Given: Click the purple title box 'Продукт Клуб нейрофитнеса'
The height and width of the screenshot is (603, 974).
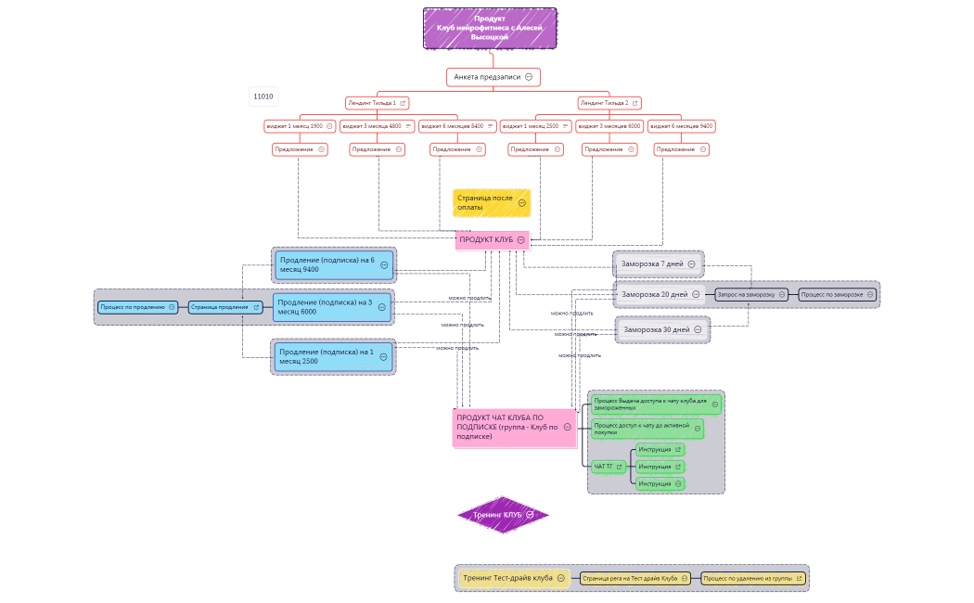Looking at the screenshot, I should (x=490, y=29).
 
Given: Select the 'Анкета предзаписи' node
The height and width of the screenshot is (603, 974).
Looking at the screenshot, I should (x=487, y=77).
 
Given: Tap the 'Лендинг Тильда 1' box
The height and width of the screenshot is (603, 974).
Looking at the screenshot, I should (x=371, y=103).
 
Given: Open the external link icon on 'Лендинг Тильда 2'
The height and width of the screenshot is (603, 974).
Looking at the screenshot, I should (x=636, y=103).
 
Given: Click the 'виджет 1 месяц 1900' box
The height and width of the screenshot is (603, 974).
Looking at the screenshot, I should (x=294, y=126).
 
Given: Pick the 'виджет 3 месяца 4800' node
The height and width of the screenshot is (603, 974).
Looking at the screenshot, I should (x=372, y=126).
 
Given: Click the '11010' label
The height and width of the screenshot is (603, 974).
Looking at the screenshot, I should (x=263, y=96).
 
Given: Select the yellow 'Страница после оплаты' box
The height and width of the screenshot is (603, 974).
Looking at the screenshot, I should (x=484, y=202).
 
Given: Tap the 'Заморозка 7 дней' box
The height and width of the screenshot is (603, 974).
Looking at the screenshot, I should (x=653, y=264).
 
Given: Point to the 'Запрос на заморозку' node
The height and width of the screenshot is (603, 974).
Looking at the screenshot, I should (x=745, y=294).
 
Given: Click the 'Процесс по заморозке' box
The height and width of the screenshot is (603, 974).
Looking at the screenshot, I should (x=832, y=294).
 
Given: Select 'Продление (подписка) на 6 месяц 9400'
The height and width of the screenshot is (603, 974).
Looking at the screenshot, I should (x=327, y=264).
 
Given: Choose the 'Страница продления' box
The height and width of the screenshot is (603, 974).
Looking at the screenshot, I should (x=220, y=306).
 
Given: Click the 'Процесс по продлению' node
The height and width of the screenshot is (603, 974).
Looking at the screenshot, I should (x=133, y=306).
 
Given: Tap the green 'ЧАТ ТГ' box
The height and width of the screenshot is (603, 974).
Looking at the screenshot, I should (x=604, y=466).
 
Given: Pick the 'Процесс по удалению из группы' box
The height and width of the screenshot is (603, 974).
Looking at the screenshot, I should (x=747, y=578).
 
